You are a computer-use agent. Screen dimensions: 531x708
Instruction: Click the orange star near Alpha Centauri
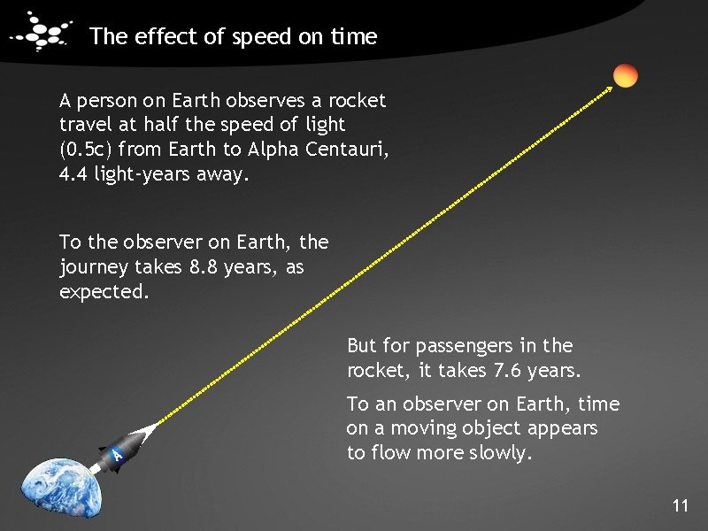(x=626, y=76)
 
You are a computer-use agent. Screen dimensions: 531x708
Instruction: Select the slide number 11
(x=680, y=506)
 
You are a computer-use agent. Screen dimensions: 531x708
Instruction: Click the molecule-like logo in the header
(x=41, y=33)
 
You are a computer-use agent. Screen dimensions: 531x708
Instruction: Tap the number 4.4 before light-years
(x=73, y=174)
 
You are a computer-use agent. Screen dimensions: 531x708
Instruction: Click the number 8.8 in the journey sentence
(x=204, y=266)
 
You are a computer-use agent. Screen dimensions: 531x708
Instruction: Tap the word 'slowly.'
(x=501, y=454)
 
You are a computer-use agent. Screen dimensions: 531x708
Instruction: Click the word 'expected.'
(x=104, y=291)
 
